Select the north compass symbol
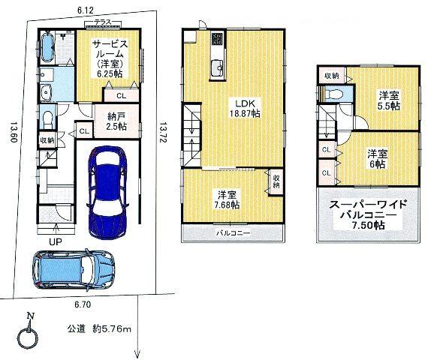(29, 336)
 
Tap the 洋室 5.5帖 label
(388, 101)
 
